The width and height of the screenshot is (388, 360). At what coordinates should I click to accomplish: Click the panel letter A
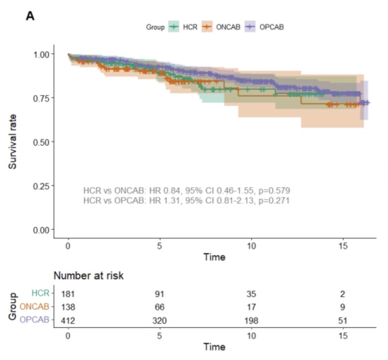tap(30, 16)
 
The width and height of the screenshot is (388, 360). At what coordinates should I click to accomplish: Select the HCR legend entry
tap(183, 27)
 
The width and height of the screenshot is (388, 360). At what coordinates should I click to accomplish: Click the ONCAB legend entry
tap(221, 27)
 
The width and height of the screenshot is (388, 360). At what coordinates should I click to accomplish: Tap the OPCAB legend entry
tap(264, 27)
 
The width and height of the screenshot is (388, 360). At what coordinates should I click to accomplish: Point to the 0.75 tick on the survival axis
tap(41, 98)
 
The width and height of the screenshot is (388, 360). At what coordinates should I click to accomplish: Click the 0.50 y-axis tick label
tap(41, 142)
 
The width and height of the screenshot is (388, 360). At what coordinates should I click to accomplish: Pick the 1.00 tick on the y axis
tap(41, 54)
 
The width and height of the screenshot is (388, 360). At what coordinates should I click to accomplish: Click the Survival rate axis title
tap(12, 142)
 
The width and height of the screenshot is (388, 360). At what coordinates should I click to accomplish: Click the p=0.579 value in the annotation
tap(274, 191)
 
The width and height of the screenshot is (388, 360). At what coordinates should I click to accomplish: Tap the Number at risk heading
tap(88, 276)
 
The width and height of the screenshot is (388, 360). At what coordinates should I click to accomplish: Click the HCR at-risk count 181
tap(68, 294)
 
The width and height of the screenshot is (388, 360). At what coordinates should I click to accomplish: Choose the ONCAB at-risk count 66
tap(159, 307)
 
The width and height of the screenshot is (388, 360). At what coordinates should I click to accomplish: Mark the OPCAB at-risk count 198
tap(251, 321)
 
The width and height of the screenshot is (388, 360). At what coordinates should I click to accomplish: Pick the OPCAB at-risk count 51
tap(343, 321)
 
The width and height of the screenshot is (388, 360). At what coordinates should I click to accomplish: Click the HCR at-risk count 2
tap(343, 294)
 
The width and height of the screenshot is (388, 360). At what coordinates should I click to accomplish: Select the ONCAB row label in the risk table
tap(35, 306)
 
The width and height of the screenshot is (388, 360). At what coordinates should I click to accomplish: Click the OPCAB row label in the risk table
tap(35, 320)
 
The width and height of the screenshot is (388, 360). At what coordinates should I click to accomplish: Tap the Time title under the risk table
tap(214, 347)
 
